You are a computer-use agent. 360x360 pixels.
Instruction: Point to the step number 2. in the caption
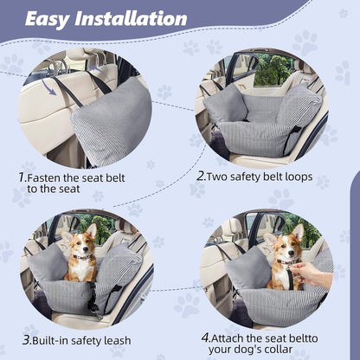pyautogui.click(x=201, y=175)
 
